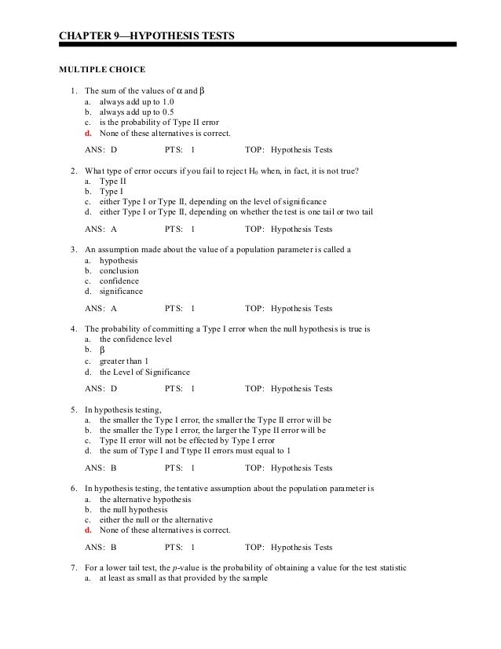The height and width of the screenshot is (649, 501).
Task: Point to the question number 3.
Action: coord(72,250)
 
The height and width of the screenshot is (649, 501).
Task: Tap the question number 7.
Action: coord(72,567)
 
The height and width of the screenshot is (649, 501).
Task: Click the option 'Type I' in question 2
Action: coord(112,190)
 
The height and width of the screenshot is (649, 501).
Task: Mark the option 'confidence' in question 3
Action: coord(119,280)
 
